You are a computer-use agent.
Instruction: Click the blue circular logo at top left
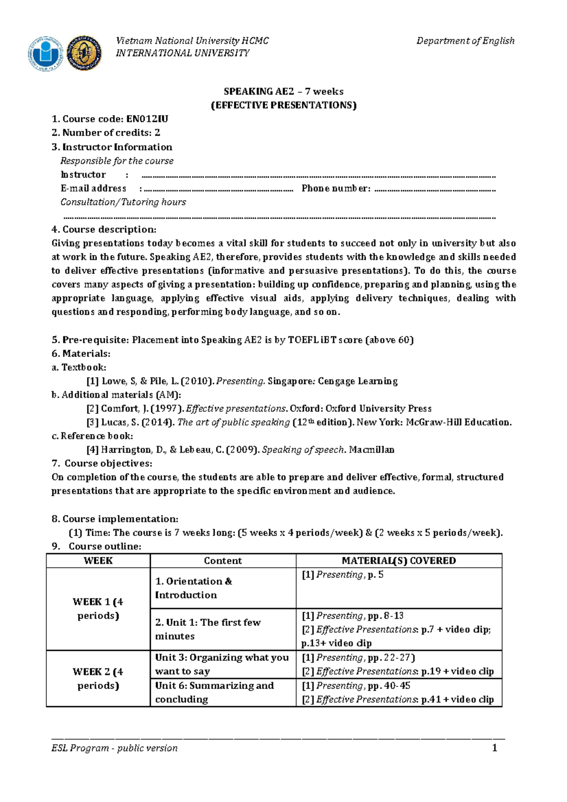[46, 53]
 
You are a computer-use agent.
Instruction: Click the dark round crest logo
[84, 53]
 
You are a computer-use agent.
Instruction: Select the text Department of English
[465, 41]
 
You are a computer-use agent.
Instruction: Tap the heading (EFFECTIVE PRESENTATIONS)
[283, 105]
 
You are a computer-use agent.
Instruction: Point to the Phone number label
[335, 188]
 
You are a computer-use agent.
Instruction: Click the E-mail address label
[93, 188]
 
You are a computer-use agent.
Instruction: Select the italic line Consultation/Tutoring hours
[123, 202]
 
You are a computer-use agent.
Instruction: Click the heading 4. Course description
[104, 230]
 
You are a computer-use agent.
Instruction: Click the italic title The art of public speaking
[233, 422]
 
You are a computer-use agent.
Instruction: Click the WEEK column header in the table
[98, 561]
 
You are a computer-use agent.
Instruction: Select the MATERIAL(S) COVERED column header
[398, 561]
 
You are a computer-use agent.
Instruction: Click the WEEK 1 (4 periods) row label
[98, 608]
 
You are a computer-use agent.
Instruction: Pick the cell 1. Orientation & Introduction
[194, 588]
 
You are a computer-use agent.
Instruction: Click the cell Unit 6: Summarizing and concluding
[214, 692]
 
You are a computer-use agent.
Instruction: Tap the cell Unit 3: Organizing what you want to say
[222, 664]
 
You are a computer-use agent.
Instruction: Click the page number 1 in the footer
[494, 748]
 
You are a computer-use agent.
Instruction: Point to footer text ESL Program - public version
[114, 748]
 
